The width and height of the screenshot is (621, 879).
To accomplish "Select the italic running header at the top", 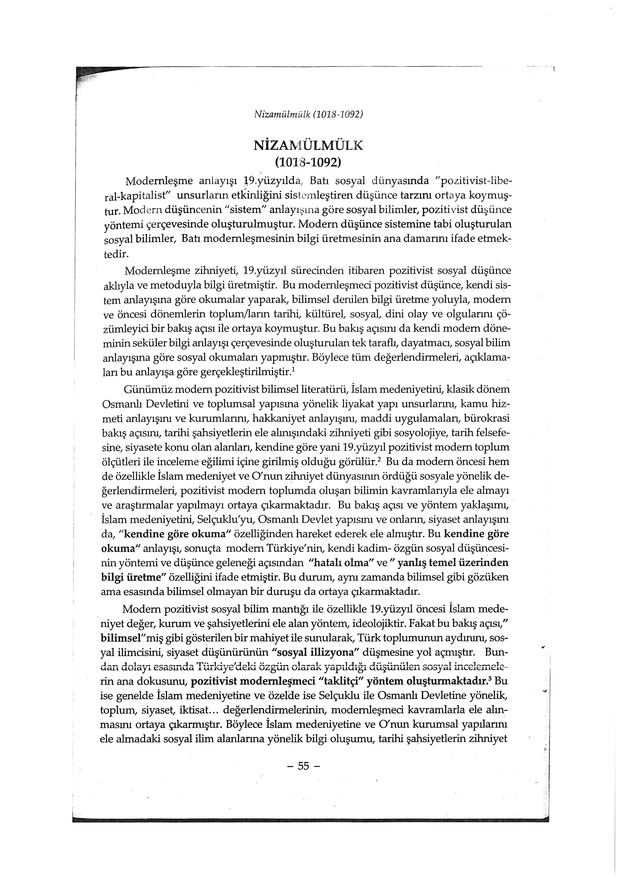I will [x=308, y=114].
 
